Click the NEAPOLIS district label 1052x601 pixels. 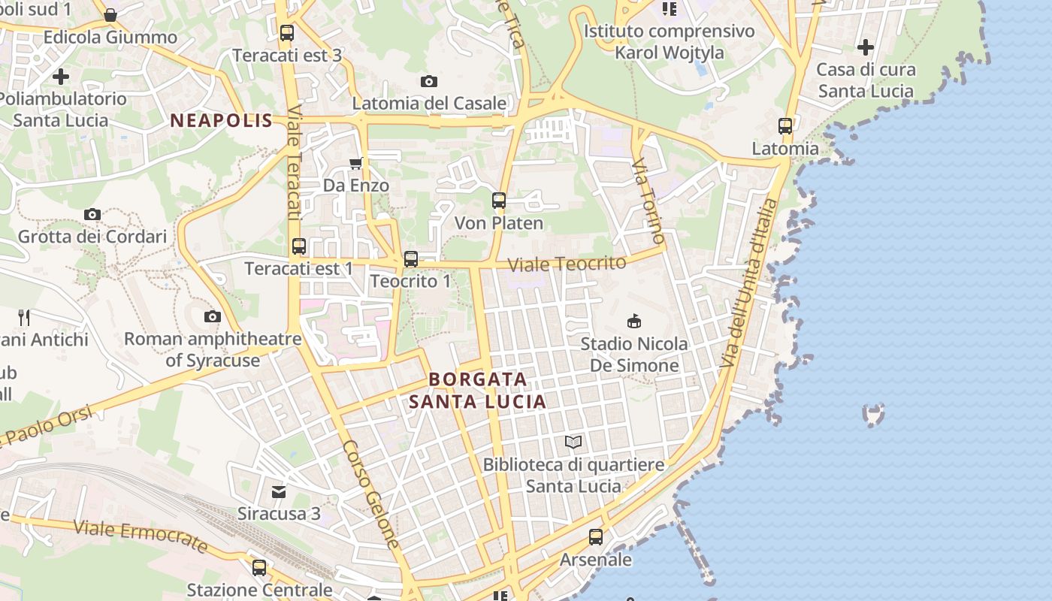pyautogui.click(x=221, y=120)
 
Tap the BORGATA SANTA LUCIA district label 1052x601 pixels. pyautogui.click(x=478, y=390)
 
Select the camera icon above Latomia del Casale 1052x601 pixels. pyautogui.click(x=429, y=81)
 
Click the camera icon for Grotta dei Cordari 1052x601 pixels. pyautogui.click(x=92, y=215)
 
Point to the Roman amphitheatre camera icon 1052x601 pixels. pyautogui.click(x=213, y=317)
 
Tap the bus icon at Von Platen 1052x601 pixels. pyautogui.click(x=499, y=201)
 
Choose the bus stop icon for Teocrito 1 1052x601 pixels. pyautogui.click(x=410, y=259)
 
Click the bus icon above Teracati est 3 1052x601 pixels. pyautogui.click(x=286, y=33)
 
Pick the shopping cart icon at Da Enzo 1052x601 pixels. pyautogui.click(x=356, y=163)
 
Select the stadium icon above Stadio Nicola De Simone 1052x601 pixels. pyautogui.click(x=634, y=322)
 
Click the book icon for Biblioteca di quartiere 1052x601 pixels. pyautogui.click(x=574, y=442)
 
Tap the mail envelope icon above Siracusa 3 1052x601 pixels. pyautogui.click(x=279, y=492)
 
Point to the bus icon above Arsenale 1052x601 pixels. pyautogui.click(x=596, y=537)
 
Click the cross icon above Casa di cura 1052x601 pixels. pyautogui.click(x=866, y=48)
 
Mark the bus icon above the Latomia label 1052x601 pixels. pyautogui.click(x=785, y=126)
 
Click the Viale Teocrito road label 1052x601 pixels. pyautogui.click(x=567, y=264)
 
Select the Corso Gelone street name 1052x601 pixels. pyautogui.click(x=371, y=494)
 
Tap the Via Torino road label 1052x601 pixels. pyautogui.click(x=648, y=201)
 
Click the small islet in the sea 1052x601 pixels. pyautogui.click(x=874, y=414)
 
